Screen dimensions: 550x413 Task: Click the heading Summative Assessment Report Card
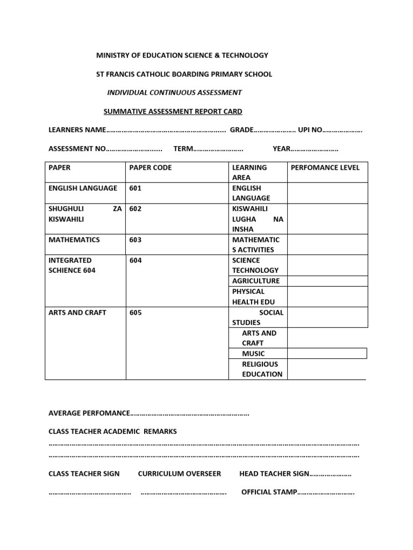173,112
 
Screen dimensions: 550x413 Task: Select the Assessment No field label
77,149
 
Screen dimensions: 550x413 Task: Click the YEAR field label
281,149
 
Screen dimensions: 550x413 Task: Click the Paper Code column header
151,168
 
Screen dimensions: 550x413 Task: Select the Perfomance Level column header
325,168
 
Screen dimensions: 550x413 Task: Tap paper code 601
136,188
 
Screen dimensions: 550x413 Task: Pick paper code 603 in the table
136,240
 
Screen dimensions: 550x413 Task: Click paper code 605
136,313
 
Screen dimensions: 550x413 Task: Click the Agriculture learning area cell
256,281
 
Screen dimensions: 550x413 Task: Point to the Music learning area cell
253,353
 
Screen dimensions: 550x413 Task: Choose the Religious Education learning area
261,369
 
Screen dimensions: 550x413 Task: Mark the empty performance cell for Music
327,353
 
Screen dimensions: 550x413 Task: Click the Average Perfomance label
89,413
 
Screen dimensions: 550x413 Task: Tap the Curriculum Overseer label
180,474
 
